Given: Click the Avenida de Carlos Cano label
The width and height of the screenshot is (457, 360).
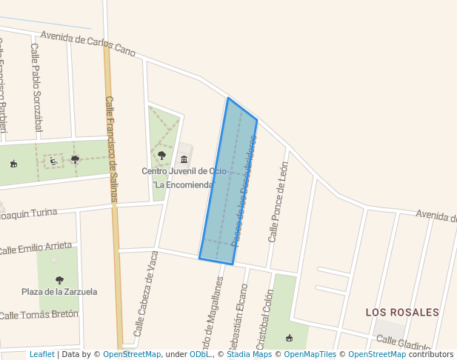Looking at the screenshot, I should (88, 44).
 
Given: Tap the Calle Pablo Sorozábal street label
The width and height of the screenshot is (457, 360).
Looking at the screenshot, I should (36, 87).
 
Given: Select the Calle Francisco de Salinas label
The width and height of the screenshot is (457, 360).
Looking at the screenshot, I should (113, 148).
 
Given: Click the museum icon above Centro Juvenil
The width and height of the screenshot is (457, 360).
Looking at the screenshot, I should (184, 159).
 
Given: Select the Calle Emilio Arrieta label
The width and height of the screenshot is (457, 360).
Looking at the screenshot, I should (37, 247).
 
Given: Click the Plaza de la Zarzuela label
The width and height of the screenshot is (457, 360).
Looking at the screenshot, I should (59, 292).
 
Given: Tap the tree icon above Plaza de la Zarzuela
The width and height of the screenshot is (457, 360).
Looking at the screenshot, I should (59, 280).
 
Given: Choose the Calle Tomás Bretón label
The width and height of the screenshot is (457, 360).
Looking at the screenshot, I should (39, 315).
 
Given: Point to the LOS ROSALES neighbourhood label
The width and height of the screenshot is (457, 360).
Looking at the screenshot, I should (402, 313).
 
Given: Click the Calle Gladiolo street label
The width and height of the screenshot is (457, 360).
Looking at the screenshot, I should (403, 343).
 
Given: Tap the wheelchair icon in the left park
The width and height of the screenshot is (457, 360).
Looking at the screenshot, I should (53, 161).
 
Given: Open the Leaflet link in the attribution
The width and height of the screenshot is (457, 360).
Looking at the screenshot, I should (41, 355).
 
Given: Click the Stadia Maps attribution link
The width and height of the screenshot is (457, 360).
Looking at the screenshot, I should (249, 355).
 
